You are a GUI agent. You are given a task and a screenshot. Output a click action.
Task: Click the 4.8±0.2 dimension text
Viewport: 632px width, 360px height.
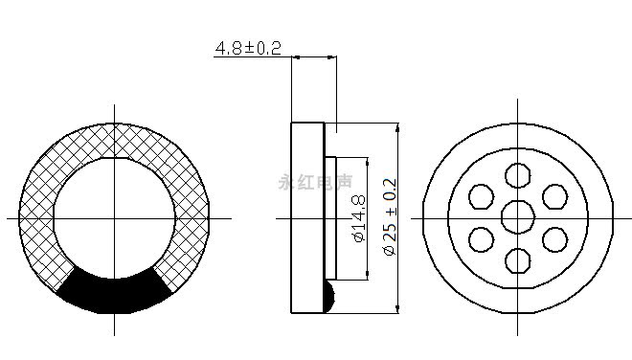[248, 49]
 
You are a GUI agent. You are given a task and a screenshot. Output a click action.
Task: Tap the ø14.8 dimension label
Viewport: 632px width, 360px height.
[359, 218]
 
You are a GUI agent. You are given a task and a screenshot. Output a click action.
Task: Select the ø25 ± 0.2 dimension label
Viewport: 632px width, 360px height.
[390, 217]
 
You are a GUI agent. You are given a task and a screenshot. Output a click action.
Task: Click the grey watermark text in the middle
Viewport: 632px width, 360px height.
[315, 182]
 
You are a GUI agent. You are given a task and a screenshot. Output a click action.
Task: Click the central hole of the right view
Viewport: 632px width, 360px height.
[518, 217]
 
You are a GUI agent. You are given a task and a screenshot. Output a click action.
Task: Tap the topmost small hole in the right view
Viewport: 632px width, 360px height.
[518, 175]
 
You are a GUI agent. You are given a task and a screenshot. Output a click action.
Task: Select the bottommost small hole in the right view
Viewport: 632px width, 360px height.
[518, 260]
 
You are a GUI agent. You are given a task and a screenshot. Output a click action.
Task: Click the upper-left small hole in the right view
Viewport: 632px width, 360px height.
[482, 196]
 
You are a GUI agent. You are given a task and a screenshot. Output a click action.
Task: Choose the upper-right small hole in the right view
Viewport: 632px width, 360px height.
[555, 196]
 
